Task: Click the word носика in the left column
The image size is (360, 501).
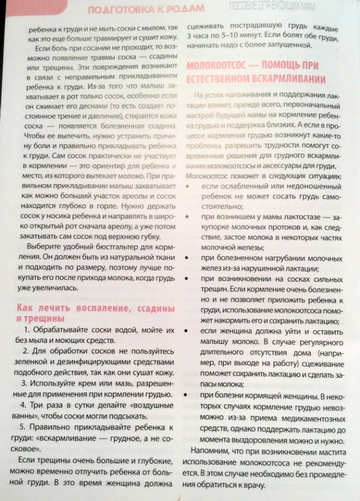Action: tap(63, 212)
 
